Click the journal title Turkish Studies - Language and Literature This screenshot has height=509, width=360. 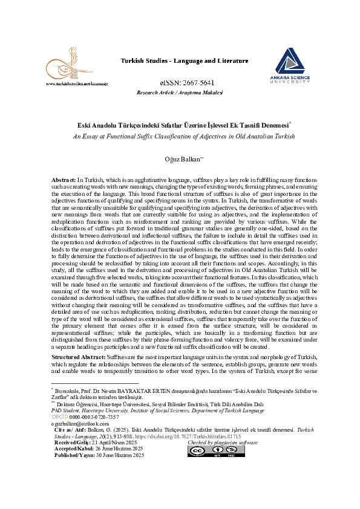click(x=184, y=61)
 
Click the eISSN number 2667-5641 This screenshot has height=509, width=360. click(x=180, y=82)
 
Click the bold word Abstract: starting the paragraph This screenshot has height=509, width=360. click(x=64, y=180)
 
